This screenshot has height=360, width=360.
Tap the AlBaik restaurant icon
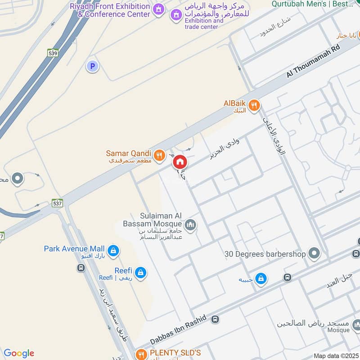click(254, 105)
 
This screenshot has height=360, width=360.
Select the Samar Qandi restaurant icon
click(159, 156)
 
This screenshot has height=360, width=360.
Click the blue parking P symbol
click(92, 67)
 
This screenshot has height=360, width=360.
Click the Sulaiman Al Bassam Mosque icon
click(190, 224)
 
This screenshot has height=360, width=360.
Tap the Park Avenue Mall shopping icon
click(113, 251)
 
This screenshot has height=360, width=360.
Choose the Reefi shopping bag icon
click(141, 272)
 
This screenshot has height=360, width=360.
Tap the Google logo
click(19, 353)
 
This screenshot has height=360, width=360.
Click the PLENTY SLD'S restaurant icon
click(141, 354)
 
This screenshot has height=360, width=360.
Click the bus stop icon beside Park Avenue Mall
click(81, 268)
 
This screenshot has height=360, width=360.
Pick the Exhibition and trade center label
click(204, 23)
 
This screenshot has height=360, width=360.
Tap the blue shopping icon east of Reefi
click(261, 279)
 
